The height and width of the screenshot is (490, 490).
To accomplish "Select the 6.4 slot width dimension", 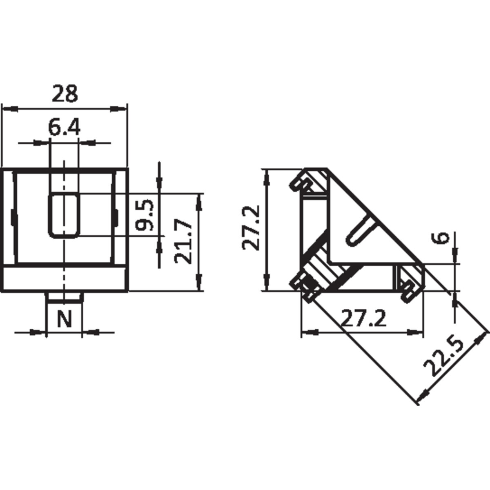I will (64, 128).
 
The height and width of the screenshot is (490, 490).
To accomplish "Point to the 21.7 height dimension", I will (182, 242).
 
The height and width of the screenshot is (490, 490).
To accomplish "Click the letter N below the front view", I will (64, 319).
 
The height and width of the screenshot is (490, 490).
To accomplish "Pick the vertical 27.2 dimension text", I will (250, 227).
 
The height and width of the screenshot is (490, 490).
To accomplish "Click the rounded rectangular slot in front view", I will (64, 215).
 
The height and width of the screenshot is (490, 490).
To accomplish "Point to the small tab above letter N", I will (64, 297).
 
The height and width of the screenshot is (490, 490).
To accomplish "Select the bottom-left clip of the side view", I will (304, 286).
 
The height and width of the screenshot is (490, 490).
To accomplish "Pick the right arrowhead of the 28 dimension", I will (121, 109).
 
